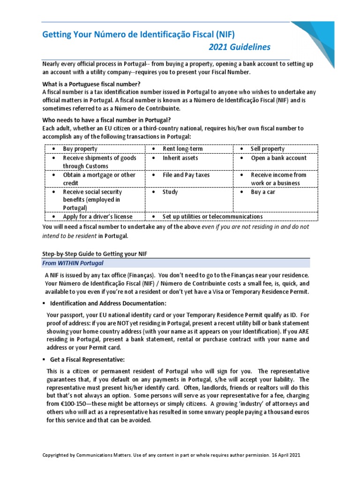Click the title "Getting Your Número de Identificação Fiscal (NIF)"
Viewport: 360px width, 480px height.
[x=138, y=34]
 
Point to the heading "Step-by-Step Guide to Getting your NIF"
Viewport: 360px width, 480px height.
[x=96, y=253]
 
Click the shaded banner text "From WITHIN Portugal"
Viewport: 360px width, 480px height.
[x=73, y=263]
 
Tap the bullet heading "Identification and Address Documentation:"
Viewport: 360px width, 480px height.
[x=108, y=303]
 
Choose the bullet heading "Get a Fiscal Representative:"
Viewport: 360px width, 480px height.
[x=87, y=360]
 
